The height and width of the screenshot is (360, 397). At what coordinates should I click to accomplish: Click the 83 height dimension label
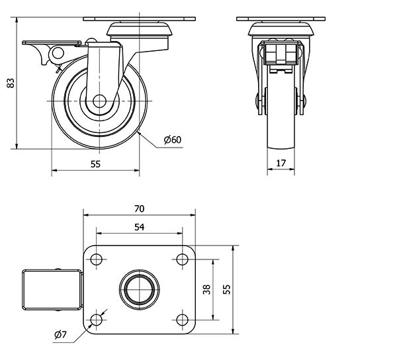(x=10, y=83)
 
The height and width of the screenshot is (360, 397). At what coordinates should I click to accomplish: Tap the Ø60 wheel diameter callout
(x=171, y=139)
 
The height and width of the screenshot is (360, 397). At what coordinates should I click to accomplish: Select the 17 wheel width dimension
(x=281, y=163)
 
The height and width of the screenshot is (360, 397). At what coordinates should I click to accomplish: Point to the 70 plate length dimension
(x=139, y=208)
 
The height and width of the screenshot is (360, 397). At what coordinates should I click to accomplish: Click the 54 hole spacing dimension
(x=139, y=227)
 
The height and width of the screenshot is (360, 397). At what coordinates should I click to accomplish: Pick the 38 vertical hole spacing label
(x=207, y=289)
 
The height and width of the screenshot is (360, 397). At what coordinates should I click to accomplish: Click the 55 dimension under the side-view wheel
(x=95, y=165)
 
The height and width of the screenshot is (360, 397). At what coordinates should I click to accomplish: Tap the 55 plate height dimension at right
(x=227, y=289)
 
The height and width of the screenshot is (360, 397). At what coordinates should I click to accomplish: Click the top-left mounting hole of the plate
(x=97, y=259)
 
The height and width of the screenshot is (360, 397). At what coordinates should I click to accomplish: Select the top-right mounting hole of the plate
(x=182, y=259)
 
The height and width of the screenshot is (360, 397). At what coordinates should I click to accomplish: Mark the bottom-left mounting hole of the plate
(x=97, y=320)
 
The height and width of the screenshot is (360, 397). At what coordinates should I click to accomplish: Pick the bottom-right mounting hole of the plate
(x=182, y=320)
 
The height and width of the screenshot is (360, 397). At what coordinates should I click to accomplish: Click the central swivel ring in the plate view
(x=140, y=289)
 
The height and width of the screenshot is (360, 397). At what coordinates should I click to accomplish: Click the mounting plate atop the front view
(x=281, y=18)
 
